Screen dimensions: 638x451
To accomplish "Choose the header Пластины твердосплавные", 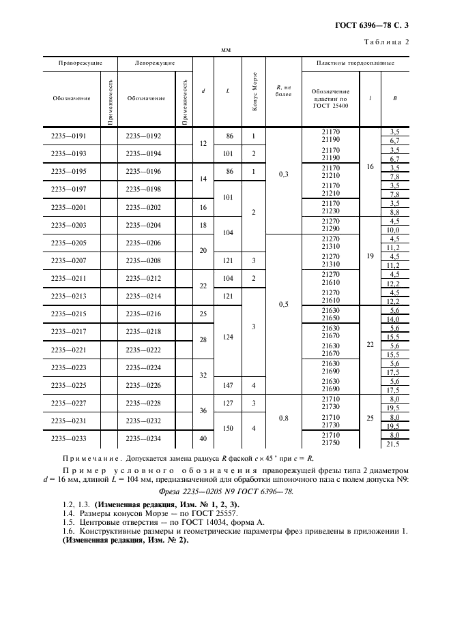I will [355, 63].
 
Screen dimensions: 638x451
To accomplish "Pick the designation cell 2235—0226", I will [145, 385].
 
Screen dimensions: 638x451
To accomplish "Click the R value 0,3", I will [283, 174].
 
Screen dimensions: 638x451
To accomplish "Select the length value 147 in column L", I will [228, 385].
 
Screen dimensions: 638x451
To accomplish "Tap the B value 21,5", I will [394, 444].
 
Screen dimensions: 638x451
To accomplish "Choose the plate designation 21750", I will [330, 443].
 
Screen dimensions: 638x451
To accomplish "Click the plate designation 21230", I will [330, 211].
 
